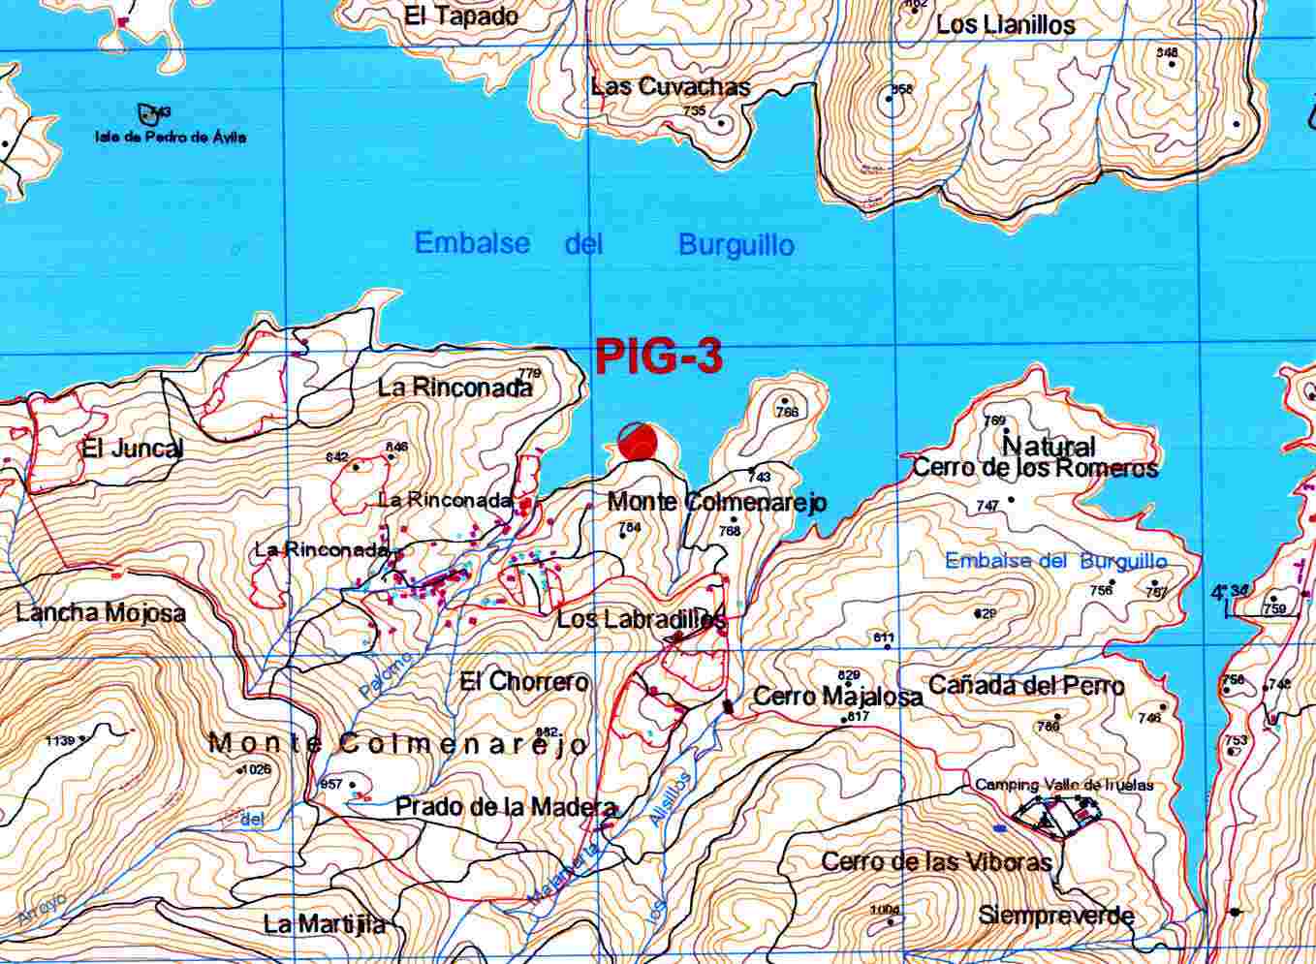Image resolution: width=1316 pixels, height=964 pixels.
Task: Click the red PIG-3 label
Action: pos(658,358)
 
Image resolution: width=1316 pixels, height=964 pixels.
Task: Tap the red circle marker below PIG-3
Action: pos(638,442)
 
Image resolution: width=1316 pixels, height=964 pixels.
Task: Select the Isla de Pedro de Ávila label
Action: pos(171,138)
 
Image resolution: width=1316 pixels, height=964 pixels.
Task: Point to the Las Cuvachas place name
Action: pos(671,86)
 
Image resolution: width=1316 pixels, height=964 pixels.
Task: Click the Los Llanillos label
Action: pos(1005,25)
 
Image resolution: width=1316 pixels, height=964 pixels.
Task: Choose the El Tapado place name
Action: pos(461,16)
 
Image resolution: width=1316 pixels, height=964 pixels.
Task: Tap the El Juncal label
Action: pos(132,449)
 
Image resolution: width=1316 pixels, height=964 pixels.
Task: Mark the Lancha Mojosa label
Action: pos(100,612)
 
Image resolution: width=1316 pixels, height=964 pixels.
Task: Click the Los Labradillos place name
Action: pos(641,618)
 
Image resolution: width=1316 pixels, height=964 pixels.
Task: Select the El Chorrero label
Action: pos(524,681)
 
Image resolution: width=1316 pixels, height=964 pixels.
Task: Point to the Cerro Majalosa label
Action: pos(837,696)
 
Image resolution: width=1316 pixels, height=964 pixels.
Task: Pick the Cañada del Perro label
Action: pos(1026,686)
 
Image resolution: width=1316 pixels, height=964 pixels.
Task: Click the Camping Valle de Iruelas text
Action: pos(1064,785)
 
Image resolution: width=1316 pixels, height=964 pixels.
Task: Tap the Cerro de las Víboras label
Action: pos(936,861)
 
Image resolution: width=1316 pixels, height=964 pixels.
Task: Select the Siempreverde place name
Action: pos(1055,915)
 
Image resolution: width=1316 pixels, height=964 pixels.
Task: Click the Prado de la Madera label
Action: pos(505,807)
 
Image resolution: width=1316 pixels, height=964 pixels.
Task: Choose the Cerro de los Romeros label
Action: pos(1035,468)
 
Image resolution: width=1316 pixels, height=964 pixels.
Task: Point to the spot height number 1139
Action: pos(59,741)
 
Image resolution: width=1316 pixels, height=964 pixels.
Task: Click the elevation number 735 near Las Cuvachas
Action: pos(694,110)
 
